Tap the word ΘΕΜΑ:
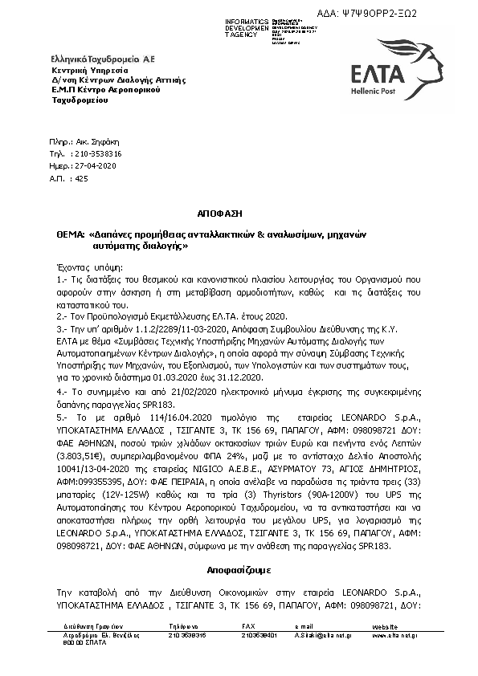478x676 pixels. tap(71, 235)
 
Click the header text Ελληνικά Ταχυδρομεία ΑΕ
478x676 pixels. tap(103, 60)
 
